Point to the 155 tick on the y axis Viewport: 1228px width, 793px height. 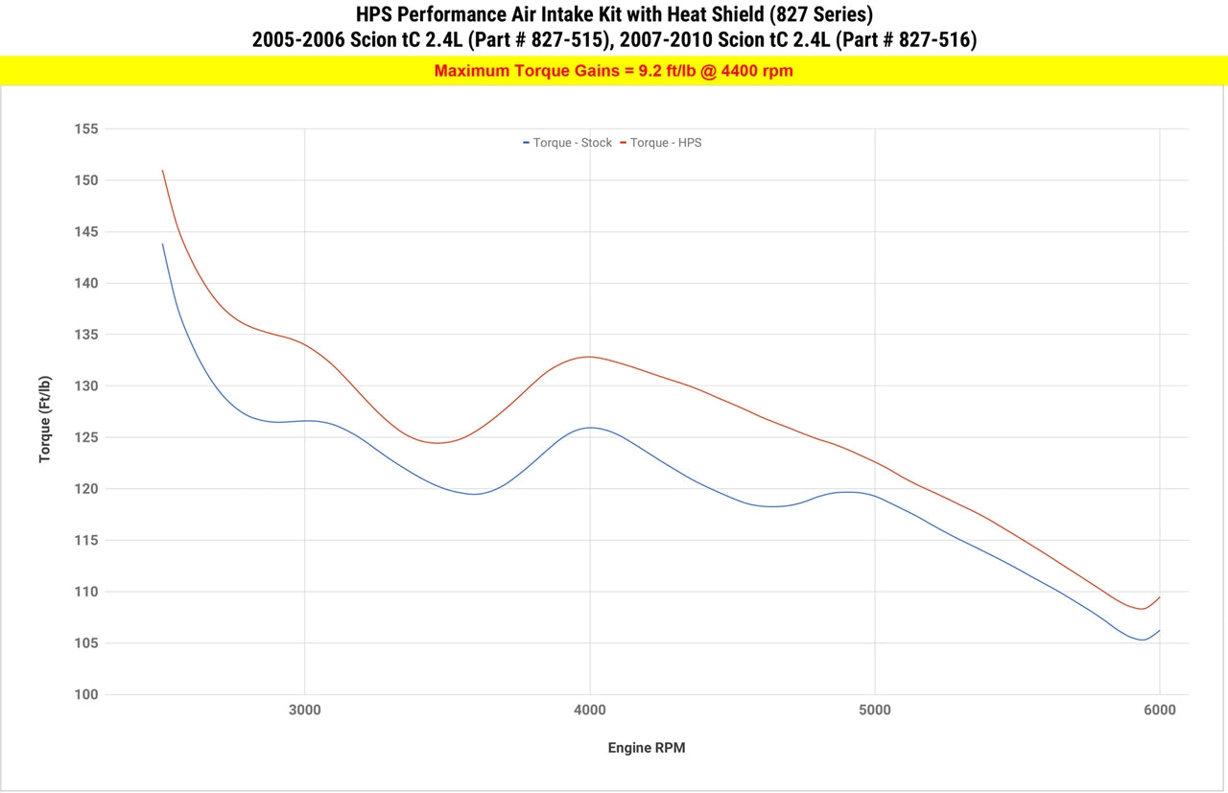coord(86,128)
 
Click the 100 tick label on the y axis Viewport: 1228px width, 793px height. coord(86,694)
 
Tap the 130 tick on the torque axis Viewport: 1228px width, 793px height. coord(86,385)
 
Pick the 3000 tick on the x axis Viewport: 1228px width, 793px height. coord(304,711)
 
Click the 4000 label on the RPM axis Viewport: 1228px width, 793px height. coord(589,711)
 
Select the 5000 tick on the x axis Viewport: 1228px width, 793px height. coord(875,711)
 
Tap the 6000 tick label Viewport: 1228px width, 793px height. coord(1160,711)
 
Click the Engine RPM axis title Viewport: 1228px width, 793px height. coord(647,748)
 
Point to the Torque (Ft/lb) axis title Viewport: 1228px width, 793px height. coord(45,419)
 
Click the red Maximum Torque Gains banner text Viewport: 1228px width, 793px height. coord(613,70)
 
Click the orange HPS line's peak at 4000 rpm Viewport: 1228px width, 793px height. coord(588,357)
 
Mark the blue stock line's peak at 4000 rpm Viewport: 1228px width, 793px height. coord(589,428)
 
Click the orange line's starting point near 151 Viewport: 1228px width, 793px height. coord(162,171)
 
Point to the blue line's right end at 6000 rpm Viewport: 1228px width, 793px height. coord(1160,630)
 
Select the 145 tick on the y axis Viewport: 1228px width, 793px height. coord(86,231)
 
